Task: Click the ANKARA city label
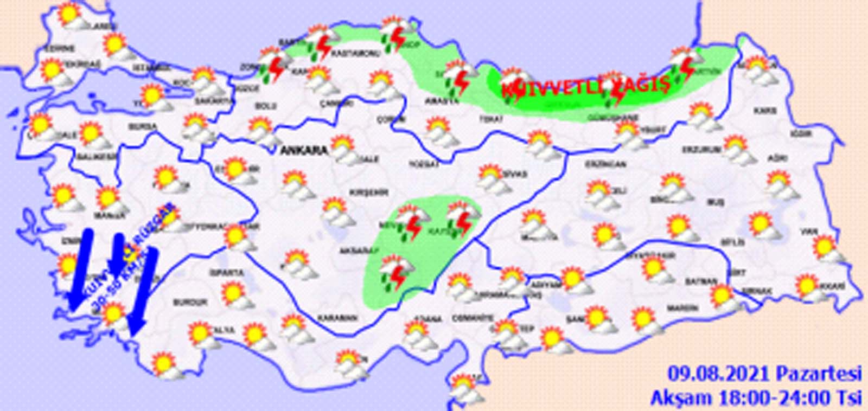304,150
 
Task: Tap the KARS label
764,111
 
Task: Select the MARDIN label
682,308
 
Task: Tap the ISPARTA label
228,273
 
